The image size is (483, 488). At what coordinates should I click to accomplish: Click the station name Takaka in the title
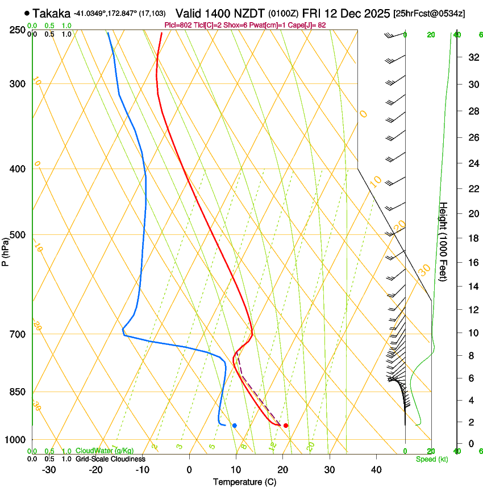(x=51, y=13)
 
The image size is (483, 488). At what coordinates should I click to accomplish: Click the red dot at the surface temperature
(x=285, y=426)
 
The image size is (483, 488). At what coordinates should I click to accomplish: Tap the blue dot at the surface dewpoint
(x=235, y=426)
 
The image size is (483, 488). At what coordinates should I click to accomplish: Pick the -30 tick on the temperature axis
(x=49, y=469)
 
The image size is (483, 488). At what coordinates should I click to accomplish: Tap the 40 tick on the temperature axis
(x=376, y=469)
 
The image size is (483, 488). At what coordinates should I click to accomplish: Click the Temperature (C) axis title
(x=245, y=482)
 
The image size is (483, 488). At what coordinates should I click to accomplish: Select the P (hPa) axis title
(x=5, y=250)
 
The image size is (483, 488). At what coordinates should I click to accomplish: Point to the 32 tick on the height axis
(x=473, y=57)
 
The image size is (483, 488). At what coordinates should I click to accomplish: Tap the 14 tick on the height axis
(x=473, y=287)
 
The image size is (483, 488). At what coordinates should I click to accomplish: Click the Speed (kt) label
(x=431, y=458)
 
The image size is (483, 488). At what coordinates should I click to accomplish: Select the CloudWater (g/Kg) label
(x=97, y=451)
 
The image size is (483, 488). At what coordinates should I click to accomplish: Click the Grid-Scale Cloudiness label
(x=110, y=458)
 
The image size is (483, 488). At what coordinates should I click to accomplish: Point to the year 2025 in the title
(x=377, y=13)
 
